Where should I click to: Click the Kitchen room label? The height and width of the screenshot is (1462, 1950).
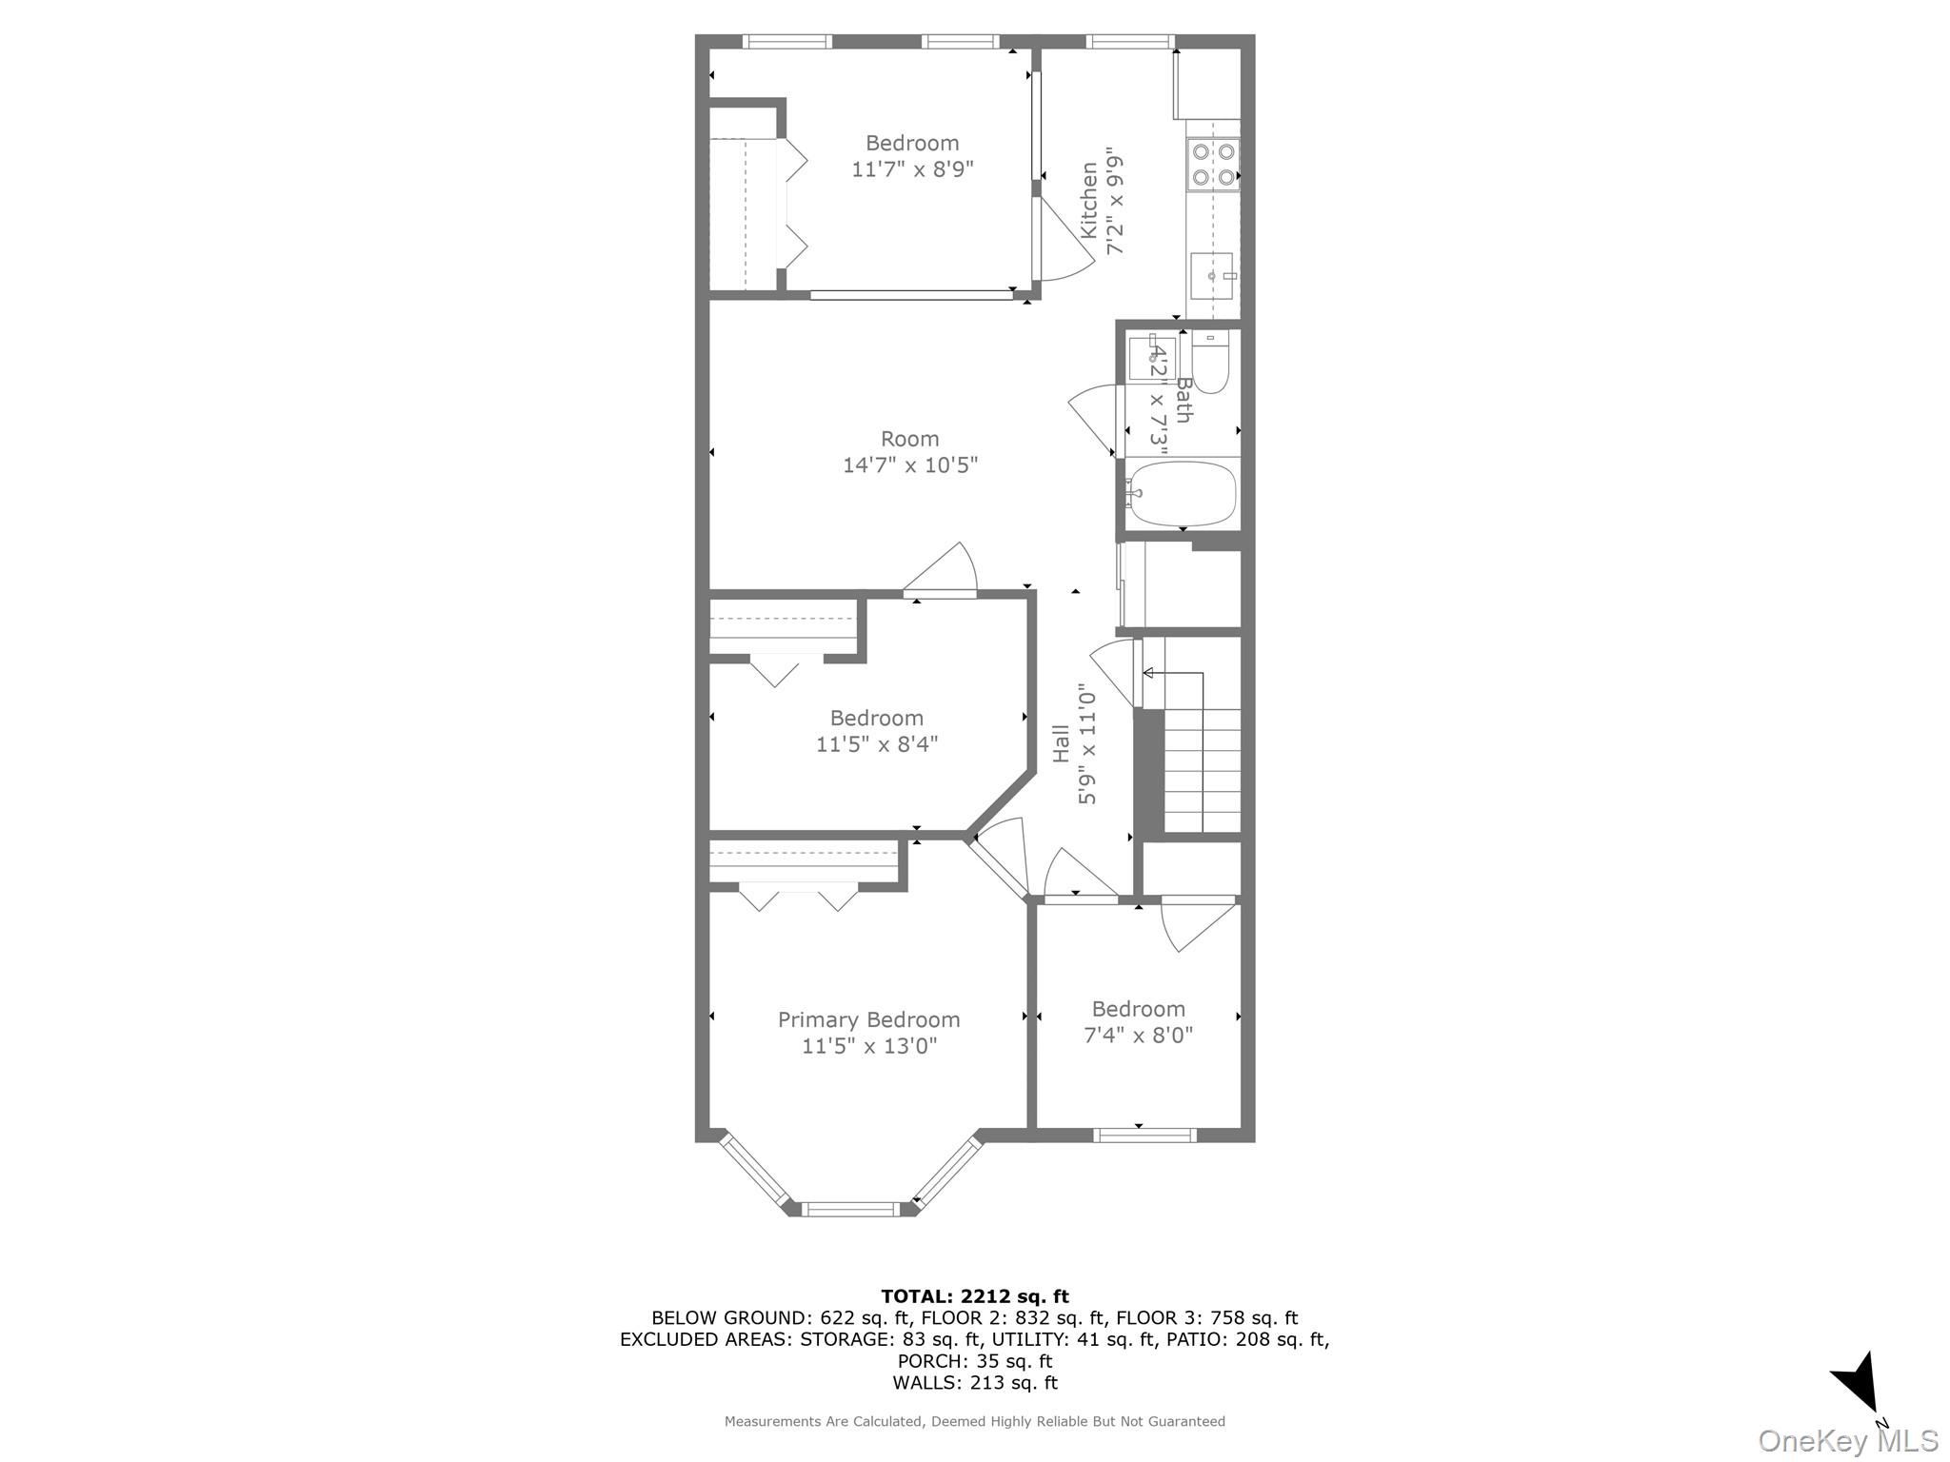pyautogui.click(x=1089, y=201)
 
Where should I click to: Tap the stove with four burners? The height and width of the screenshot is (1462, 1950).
pyautogui.click(x=1213, y=164)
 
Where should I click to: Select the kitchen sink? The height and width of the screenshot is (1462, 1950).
pyautogui.click(x=1212, y=276)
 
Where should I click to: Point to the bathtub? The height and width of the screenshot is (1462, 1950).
pyautogui.click(x=1182, y=493)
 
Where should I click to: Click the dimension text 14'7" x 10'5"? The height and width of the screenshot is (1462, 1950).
pyautogui.click(x=910, y=465)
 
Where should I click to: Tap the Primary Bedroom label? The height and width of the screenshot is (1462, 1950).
pyautogui.click(x=868, y=1019)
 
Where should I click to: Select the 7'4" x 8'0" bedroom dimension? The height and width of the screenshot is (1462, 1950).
pyautogui.click(x=1138, y=1035)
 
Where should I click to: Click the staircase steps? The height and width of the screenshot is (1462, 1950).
pyautogui.click(x=1203, y=771)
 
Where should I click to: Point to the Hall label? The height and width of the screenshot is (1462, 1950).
pyautogui.click(x=1061, y=743)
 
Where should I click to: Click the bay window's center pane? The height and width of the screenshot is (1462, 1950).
pyautogui.click(x=849, y=1210)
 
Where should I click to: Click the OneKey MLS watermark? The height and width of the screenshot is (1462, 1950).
pyautogui.click(x=1847, y=1440)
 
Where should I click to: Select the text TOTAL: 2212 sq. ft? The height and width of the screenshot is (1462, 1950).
pyautogui.click(x=974, y=1296)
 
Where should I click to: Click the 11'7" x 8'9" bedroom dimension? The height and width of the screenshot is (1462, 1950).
pyautogui.click(x=912, y=169)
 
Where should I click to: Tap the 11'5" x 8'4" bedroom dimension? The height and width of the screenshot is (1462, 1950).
pyautogui.click(x=876, y=744)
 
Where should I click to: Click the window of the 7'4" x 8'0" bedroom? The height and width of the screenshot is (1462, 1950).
pyautogui.click(x=1144, y=1135)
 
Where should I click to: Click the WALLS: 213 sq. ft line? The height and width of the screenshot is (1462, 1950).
pyautogui.click(x=974, y=1383)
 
